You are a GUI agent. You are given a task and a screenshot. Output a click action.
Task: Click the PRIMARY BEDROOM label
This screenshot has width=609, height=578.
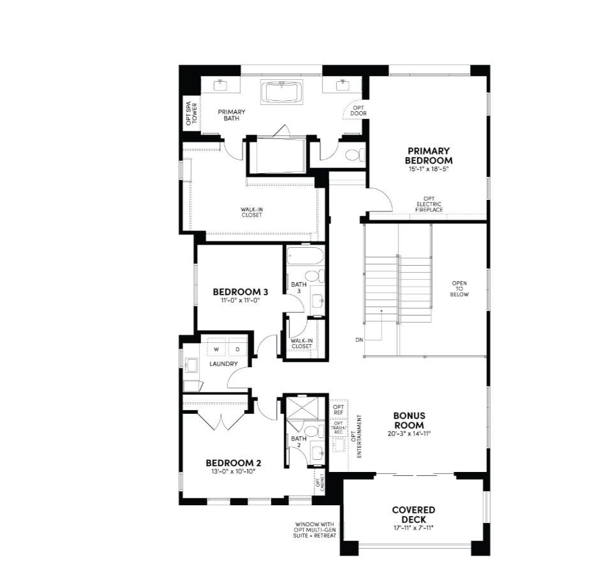(x=429, y=156)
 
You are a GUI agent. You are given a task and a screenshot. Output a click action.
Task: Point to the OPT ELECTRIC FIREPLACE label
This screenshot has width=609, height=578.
(x=429, y=204)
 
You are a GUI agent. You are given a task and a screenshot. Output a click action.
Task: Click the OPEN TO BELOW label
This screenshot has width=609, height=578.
(x=460, y=289)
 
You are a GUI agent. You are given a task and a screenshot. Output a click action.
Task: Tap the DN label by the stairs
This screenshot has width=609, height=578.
(x=359, y=340)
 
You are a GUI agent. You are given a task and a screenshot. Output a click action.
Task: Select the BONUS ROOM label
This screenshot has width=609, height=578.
(x=409, y=420)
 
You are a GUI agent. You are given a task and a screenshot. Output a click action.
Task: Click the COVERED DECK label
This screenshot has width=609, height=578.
(x=413, y=515)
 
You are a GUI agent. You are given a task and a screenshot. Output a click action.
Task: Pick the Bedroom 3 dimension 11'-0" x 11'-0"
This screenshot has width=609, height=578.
(x=240, y=300)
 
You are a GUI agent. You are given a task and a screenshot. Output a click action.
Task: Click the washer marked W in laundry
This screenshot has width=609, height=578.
(x=216, y=349)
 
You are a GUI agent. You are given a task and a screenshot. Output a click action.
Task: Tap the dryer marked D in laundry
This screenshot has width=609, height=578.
(x=237, y=349)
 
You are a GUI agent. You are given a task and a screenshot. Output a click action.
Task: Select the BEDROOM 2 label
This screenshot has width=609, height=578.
(x=233, y=463)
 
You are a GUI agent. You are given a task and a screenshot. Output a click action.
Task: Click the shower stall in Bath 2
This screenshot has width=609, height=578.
(x=305, y=409)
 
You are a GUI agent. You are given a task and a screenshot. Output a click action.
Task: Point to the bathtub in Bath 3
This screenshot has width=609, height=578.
(x=305, y=257)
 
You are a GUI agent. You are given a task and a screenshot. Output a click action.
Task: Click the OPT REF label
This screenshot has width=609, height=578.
(x=338, y=409)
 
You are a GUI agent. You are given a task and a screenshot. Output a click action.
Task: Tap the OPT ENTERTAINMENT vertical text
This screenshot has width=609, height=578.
(x=360, y=436)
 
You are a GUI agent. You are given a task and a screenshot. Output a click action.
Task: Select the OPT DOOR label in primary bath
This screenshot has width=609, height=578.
(x=358, y=110)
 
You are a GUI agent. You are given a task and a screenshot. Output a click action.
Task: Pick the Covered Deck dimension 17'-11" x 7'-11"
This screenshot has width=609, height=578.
(x=413, y=528)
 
